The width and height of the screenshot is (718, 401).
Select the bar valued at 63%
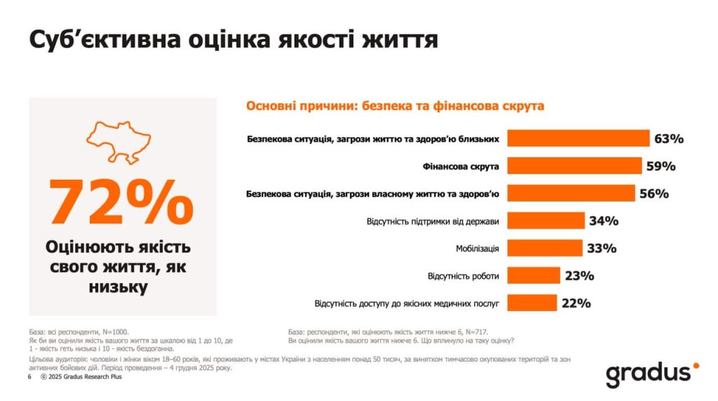(578, 138)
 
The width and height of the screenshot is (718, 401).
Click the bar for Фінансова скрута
(574, 166)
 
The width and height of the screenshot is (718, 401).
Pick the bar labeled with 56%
(570, 193)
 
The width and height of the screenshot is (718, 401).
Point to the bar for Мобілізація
(544, 248)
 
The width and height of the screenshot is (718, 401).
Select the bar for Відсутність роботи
(533, 275)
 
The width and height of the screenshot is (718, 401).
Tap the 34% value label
(604, 221)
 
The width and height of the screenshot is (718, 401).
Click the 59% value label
(661, 166)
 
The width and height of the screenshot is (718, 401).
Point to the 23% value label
(579, 276)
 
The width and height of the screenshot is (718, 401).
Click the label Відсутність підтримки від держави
(433, 221)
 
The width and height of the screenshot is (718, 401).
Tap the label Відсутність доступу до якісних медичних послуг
(407, 304)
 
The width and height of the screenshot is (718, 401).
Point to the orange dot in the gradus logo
(696, 365)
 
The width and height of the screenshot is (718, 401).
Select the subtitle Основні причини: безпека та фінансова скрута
(395, 106)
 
